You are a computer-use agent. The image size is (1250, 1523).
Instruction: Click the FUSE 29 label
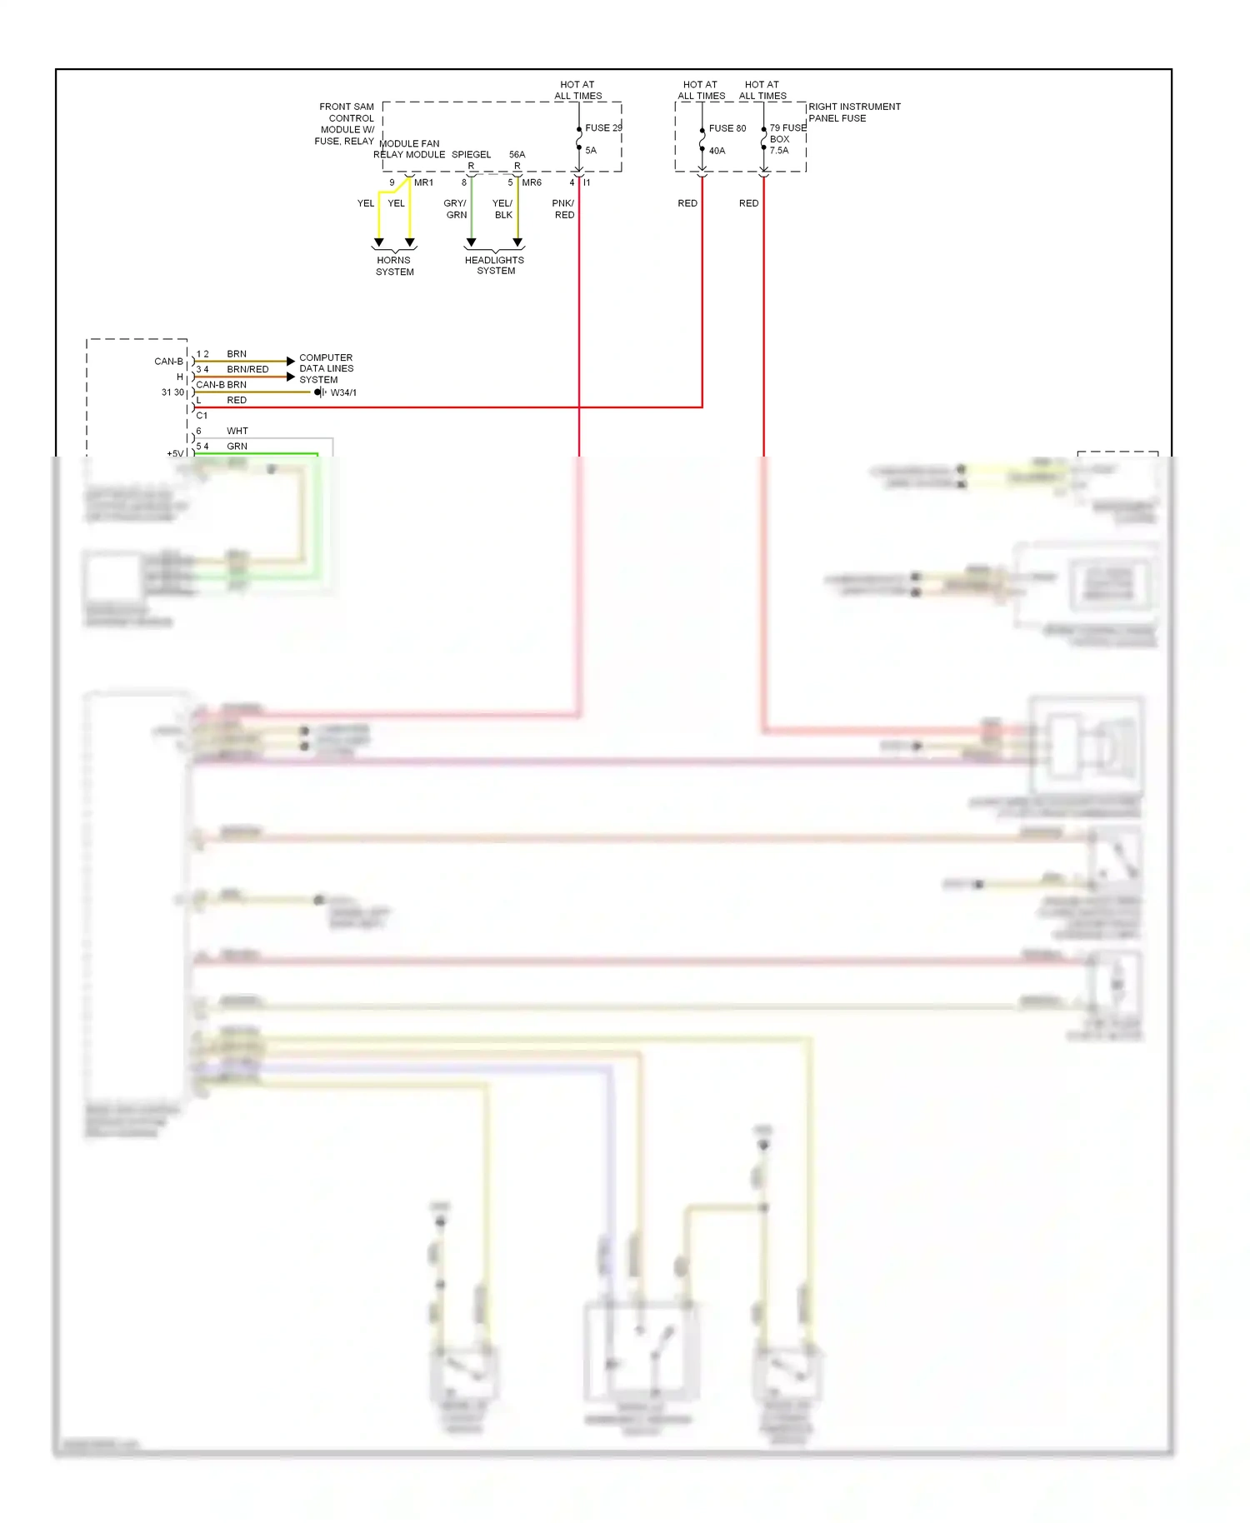pyautogui.click(x=602, y=127)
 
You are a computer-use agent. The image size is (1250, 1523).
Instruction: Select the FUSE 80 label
pyautogui.click(x=727, y=128)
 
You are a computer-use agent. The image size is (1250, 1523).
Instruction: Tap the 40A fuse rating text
pyautogui.click(x=717, y=151)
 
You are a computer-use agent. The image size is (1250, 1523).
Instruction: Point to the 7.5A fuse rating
pyautogui.click(x=778, y=151)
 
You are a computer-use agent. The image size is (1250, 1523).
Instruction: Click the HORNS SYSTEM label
pyautogui.click(x=394, y=266)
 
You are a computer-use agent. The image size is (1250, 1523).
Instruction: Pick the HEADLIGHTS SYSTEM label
pyautogui.click(x=495, y=265)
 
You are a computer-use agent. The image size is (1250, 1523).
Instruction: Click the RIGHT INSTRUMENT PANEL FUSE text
pyautogui.click(x=853, y=112)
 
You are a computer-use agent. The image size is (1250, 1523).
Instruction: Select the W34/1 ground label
pyautogui.click(x=343, y=392)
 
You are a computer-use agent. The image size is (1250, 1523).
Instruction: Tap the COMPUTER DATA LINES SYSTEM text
pyautogui.click(x=326, y=368)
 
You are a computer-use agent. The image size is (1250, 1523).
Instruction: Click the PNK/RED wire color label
pyautogui.click(x=563, y=209)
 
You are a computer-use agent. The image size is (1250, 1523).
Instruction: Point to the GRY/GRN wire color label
pyautogui.click(x=456, y=209)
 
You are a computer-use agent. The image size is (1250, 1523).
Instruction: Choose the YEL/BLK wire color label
pyautogui.click(x=502, y=209)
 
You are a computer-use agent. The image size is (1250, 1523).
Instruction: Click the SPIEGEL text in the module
pyautogui.click(x=471, y=154)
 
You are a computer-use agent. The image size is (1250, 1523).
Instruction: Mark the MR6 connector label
pyautogui.click(x=532, y=182)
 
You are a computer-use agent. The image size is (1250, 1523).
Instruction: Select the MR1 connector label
pyautogui.click(x=423, y=182)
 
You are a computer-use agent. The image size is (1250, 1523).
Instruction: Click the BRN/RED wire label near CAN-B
pyautogui.click(x=247, y=369)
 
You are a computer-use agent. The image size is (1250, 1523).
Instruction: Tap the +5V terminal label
pyautogui.click(x=175, y=454)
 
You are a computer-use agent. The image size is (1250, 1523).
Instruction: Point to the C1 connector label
pyautogui.click(x=202, y=415)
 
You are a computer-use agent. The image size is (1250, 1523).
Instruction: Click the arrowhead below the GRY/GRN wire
pyautogui.click(x=471, y=242)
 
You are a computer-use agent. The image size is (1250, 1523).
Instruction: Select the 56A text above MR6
pyautogui.click(x=517, y=154)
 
